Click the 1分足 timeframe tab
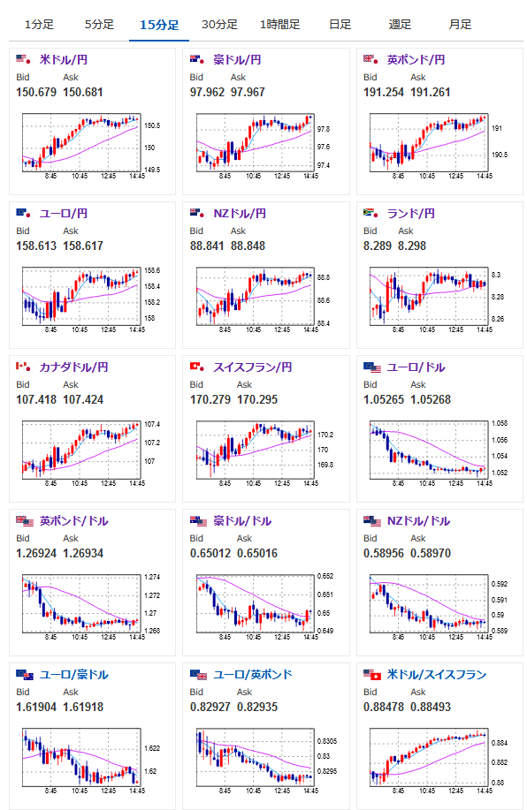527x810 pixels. [39, 24]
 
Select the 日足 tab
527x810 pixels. [340, 24]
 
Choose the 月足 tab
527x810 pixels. [460, 24]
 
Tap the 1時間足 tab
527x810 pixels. [279, 24]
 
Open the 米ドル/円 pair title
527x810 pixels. [64, 60]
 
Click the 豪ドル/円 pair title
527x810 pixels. [237, 60]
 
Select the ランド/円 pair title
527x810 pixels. [411, 214]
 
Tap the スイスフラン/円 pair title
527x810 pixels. [253, 367]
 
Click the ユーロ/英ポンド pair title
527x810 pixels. [253, 675]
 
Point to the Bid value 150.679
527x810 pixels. [36, 93]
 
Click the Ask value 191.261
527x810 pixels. [431, 93]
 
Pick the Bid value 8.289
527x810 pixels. [378, 246]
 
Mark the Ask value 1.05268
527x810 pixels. [431, 400]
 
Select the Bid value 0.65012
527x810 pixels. [210, 553]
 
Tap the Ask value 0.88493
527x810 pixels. [431, 708]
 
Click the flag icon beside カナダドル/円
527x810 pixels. [23, 367]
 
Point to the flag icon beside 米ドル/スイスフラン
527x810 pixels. [372, 675]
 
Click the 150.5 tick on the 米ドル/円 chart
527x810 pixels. [152, 125]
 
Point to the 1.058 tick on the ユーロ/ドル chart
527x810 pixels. [500, 424]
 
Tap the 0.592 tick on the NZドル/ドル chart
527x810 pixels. [500, 584]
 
